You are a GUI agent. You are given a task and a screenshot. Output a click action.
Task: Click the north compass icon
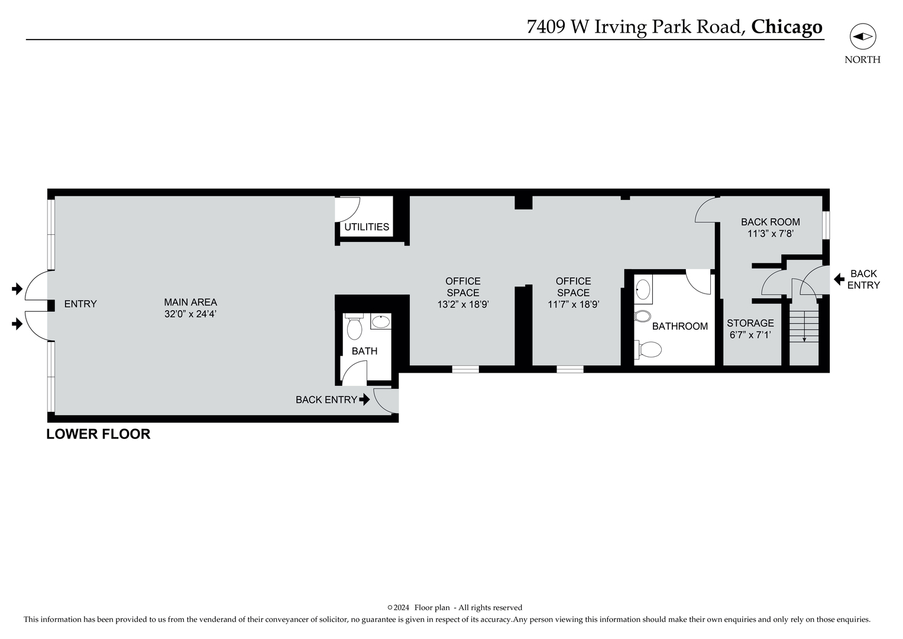click(x=862, y=37)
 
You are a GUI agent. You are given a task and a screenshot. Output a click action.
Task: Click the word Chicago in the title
click(x=787, y=27)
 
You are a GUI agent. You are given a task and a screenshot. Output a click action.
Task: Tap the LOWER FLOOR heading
click(x=98, y=434)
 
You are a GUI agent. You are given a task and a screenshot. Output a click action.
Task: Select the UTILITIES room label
click(x=367, y=227)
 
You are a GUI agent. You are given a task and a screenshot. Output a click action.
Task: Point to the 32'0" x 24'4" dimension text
click(x=190, y=314)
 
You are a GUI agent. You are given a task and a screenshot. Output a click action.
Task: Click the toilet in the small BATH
click(x=354, y=328)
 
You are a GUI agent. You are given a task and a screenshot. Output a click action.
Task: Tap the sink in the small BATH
click(x=381, y=322)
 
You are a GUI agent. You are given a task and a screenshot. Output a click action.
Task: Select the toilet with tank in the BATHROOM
click(x=648, y=350)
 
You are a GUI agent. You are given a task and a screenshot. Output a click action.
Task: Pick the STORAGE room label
click(x=750, y=323)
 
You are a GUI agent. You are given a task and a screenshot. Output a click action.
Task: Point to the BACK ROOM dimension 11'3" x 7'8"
click(x=770, y=234)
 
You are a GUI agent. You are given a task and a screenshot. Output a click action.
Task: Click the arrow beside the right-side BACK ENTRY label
click(x=838, y=279)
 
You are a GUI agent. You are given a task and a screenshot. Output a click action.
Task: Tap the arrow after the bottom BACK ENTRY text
click(x=364, y=399)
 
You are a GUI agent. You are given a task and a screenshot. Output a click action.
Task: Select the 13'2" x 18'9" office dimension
click(x=463, y=305)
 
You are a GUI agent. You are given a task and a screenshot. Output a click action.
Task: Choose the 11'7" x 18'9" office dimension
click(x=573, y=305)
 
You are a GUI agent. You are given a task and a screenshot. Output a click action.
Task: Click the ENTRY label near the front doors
click(x=80, y=304)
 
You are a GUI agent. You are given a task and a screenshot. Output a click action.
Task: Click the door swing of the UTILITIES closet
click(x=348, y=209)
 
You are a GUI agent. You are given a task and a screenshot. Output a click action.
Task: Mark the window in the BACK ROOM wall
click(x=826, y=225)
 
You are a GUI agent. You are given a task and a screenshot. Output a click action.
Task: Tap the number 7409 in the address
click(x=546, y=27)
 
